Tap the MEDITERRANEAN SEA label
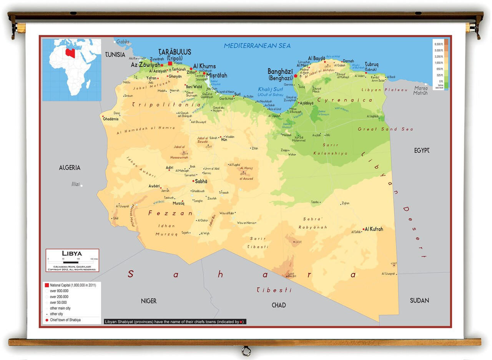[x=257, y=46]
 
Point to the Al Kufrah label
[x=374, y=229]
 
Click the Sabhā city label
[x=201, y=181]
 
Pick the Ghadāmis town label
[x=111, y=119]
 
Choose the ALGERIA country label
[x=70, y=168]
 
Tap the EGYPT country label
[x=422, y=150]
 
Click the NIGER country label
[x=148, y=301]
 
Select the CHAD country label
[x=279, y=305]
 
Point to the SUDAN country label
[x=419, y=300]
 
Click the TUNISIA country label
[x=115, y=55]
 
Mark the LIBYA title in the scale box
[x=72, y=253]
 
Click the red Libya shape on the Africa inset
[x=70, y=52]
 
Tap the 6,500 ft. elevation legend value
[x=439, y=44]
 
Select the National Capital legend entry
[x=73, y=285]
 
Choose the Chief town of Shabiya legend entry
[x=65, y=320]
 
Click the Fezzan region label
[x=170, y=213]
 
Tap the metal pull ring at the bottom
[x=246, y=351]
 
